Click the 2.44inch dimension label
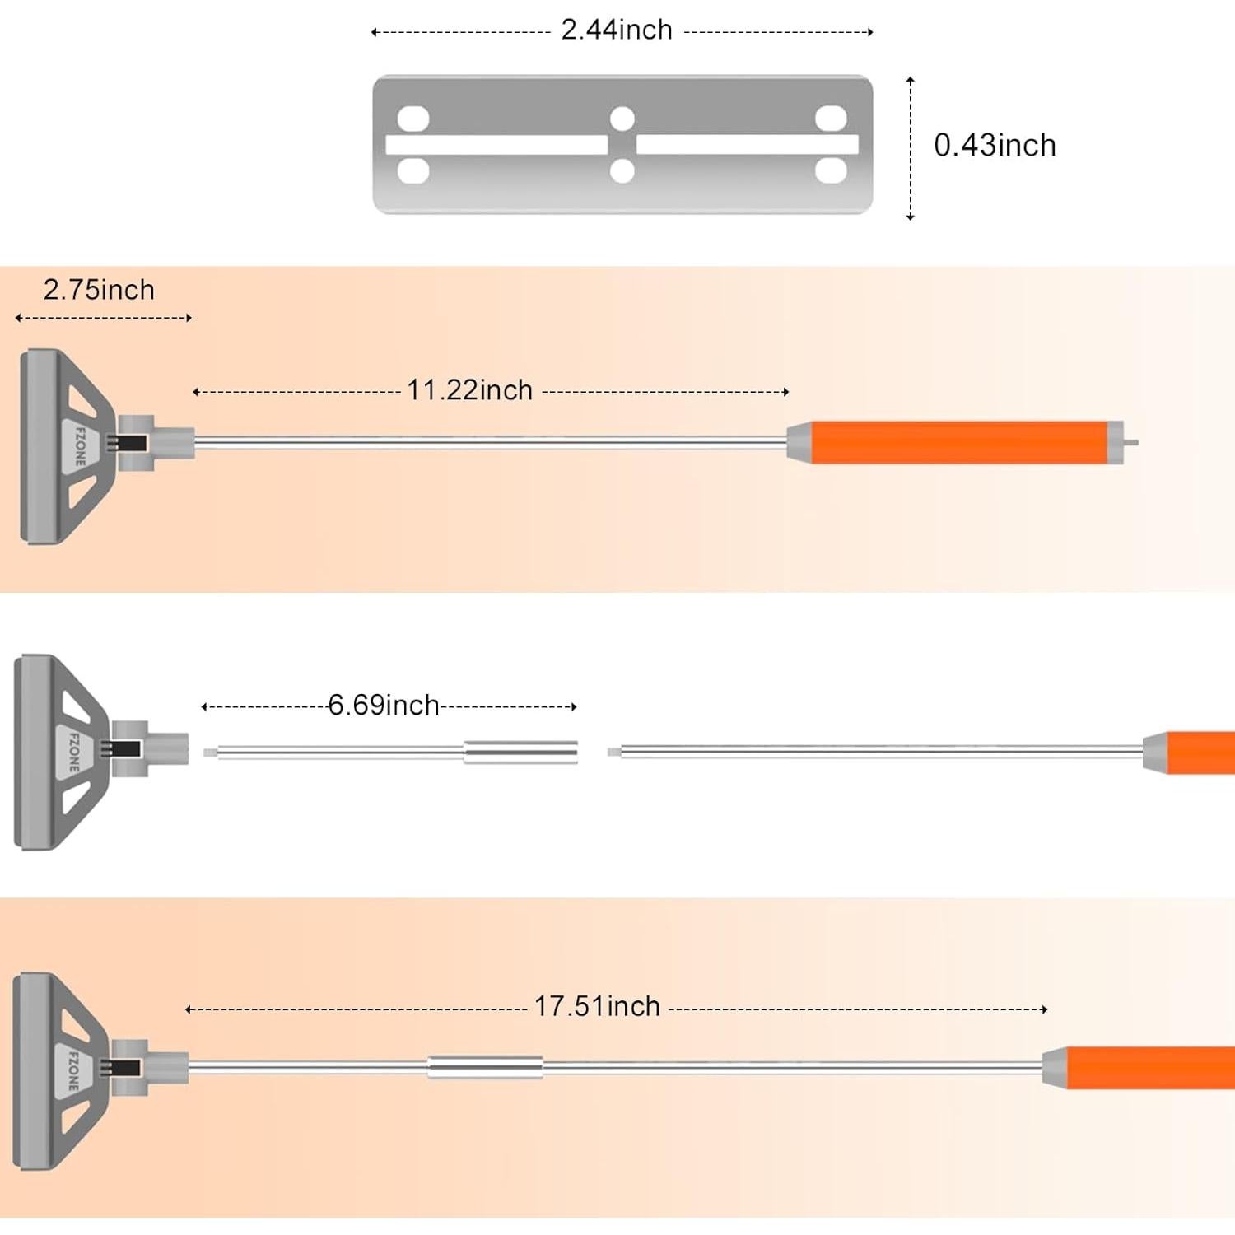[617, 30]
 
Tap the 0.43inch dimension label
[995, 146]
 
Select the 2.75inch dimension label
[99, 291]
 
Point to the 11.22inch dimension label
[470, 390]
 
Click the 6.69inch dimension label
[384, 706]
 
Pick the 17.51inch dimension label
[597, 1007]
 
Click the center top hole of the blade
[622, 119]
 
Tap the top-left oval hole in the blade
[413, 119]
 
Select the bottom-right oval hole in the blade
[831, 171]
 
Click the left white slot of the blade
[496, 145]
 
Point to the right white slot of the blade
[748, 145]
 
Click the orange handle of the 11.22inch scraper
[959, 442]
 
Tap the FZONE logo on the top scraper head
[80, 446]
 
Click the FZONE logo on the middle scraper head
[74, 752]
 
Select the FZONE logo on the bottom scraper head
[73, 1070]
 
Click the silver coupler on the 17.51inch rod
[485, 1067]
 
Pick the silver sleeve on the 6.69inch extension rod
[520, 752]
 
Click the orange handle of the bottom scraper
[1150, 1068]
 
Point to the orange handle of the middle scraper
[1200, 753]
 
